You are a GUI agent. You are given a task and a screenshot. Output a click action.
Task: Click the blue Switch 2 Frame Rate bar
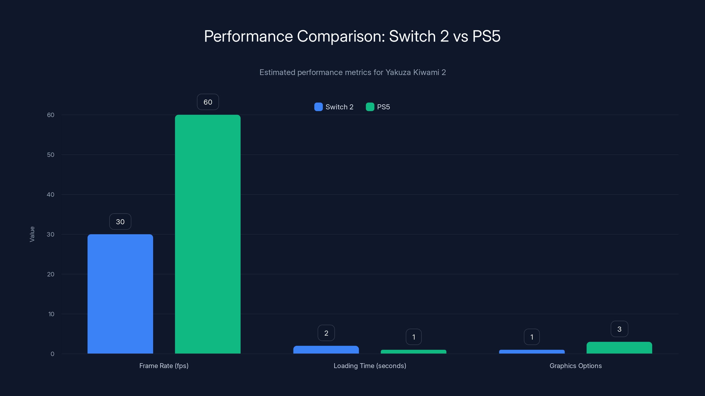pos(120,294)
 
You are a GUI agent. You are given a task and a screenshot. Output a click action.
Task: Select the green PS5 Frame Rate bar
pos(208,234)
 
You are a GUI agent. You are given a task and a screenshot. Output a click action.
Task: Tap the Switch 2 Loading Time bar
pos(326,350)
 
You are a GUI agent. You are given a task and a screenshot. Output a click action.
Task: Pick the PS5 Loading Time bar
pos(414,352)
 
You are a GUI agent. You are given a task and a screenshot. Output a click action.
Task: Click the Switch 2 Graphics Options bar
pos(532,352)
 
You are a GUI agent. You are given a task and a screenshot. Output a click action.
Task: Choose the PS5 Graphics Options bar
pos(619,348)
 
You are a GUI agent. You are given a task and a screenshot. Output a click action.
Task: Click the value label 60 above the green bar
pos(208,102)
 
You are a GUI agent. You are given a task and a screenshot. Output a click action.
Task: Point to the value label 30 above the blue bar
pos(120,222)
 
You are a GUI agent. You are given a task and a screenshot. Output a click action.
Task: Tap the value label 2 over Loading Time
pos(326,333)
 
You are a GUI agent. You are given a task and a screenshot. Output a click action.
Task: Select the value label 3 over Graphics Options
pos(619,329)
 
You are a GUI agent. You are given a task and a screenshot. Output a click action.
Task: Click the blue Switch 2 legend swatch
pos(318,107)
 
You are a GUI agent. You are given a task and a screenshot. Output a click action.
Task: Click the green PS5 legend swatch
pos(370,107)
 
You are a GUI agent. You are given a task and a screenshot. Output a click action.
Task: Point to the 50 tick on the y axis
pos(51,155)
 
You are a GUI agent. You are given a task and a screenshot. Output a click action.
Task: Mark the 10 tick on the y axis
pos(51,314)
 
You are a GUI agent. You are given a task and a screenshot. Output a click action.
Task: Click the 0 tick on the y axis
pos(52,354)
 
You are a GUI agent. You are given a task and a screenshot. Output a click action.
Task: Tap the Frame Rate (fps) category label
pos(164,366)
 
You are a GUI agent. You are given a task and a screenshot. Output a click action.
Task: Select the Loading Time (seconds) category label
pos(370,366)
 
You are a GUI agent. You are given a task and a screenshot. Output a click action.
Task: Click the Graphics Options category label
pos(575,366)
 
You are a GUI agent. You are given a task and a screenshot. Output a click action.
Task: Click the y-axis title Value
pos(32,234)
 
